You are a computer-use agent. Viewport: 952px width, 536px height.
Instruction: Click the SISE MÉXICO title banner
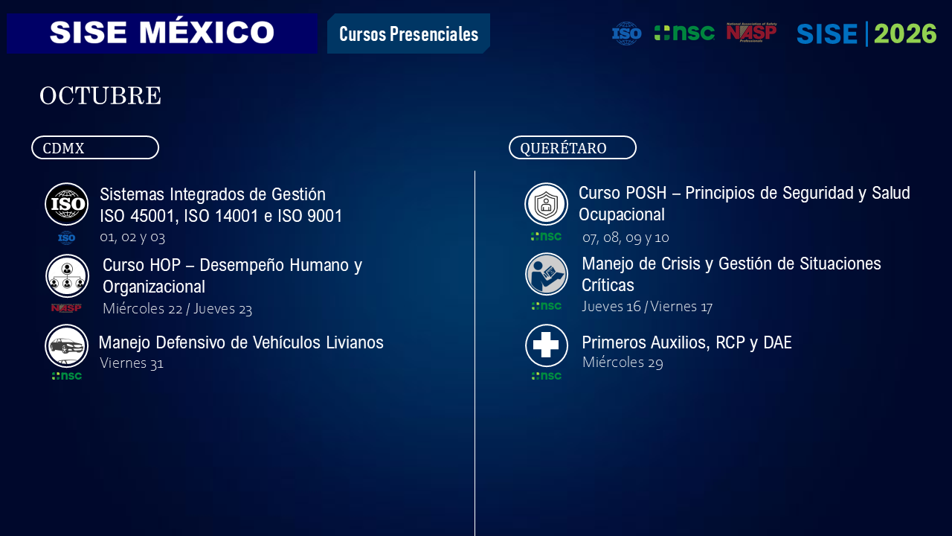point(162,33)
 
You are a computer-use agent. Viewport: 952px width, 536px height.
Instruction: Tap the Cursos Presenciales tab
point(408,33)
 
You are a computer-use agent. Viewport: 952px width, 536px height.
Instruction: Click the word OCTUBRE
point(100,95)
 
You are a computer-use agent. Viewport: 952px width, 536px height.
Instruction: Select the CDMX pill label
point(95,147)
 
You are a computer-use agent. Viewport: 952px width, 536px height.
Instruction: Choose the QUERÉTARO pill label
point(573,147)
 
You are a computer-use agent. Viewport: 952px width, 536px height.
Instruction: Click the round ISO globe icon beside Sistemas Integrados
point(67,204)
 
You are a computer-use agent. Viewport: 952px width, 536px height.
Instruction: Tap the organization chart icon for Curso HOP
point(67,276)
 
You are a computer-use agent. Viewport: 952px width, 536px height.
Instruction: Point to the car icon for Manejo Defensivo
point(67,346)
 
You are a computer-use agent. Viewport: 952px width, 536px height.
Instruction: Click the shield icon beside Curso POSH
point(546,204)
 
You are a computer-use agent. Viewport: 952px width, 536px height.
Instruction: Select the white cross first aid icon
point(547,345)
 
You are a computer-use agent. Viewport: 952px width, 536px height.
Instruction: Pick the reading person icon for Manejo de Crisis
point(547,275)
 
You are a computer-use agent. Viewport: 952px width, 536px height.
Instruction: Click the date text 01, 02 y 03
point(132,237)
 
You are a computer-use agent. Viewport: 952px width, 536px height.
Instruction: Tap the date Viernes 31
point(132,363)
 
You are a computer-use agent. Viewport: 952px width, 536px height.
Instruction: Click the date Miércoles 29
point(623,362)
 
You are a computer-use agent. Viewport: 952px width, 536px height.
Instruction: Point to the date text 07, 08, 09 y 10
point(625,237)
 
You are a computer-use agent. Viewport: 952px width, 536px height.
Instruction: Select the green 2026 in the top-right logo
point(905,33)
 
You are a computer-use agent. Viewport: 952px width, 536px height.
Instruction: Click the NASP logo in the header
point(751,32)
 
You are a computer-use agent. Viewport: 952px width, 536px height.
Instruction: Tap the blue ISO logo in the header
point(627,33)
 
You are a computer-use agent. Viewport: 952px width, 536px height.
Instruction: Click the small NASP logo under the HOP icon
point(66,307)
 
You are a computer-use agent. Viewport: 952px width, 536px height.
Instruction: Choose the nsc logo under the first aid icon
point(547,376)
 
